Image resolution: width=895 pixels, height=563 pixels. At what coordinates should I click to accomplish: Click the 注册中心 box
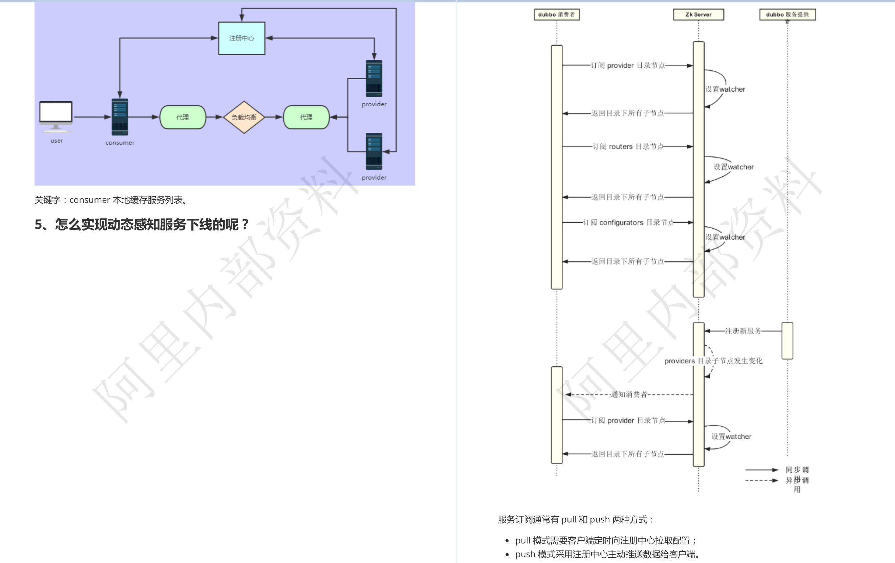point(242,38)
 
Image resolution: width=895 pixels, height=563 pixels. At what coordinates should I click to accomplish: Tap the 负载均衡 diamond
point(244,117)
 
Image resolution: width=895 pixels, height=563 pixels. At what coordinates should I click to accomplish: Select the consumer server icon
point(120,117)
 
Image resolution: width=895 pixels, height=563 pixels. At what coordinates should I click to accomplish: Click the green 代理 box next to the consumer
point(183,117)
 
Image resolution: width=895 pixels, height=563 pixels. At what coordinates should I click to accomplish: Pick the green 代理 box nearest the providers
point(306,117)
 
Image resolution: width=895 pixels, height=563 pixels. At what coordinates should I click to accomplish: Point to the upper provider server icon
point(374,78)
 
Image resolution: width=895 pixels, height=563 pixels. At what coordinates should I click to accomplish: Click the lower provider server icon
point(374,151)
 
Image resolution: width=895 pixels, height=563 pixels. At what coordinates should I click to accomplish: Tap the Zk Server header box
point(699,15)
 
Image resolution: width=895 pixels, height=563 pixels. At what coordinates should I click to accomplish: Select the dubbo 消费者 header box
point(556,15)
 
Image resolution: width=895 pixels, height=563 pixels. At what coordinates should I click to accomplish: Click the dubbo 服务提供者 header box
point(787,15)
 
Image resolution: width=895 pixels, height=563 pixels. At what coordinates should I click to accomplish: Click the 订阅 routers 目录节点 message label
point(627,147)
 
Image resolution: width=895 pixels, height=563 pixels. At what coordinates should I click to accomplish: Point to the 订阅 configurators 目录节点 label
point(628,222)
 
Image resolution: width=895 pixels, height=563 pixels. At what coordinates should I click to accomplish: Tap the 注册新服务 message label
point(743,331)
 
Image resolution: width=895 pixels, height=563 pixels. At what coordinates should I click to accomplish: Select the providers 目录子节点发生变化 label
point(713,361)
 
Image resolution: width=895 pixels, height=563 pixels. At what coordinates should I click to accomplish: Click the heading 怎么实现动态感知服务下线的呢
point(142,224)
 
